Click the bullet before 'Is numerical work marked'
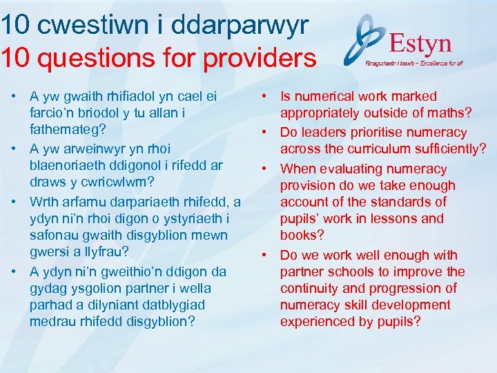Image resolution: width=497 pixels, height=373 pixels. pyautogui.click(x=265, y=97)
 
